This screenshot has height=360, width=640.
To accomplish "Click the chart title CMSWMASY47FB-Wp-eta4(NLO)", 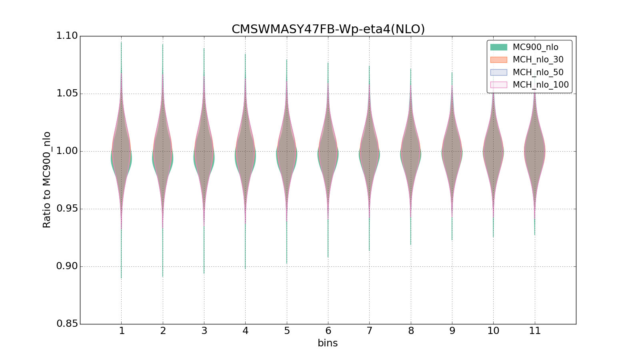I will (x=328, y=29).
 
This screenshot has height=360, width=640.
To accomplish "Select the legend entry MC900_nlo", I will (x=535, y=47).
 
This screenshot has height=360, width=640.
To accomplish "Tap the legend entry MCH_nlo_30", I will (x=538, y=60).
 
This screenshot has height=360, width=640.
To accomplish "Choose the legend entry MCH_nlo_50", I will (x=538, y=72).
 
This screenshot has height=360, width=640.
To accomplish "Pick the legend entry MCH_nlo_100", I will (x=540, y=85).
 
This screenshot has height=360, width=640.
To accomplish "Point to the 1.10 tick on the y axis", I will (x=67, y=36).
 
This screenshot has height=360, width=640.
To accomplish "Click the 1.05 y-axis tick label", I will (x=67, y=94).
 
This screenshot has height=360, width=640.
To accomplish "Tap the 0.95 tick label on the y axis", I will (x=67, y=209).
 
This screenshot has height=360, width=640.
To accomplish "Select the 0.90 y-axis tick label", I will (x=67, y=266).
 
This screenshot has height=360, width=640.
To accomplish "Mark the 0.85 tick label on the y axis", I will (x=67, y=324).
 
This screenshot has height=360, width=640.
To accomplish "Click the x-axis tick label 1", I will (x=122, y=331).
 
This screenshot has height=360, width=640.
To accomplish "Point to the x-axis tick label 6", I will (x=328, y=331).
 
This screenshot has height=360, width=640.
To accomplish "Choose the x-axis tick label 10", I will (x=493, y=331).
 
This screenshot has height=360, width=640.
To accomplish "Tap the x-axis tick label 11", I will (x=535, y=331).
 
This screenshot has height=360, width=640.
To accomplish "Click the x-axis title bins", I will (x=328, y=343).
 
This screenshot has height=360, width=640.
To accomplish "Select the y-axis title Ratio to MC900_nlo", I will (x=47, y=180).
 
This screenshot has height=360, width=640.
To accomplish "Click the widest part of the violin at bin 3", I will (x=204, y=156).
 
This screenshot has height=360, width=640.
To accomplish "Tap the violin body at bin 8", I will (x=410, y=152).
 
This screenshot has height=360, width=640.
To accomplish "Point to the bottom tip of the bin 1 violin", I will (x=121, y=278).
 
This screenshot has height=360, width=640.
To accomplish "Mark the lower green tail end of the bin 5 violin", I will (x=286, y=263).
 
